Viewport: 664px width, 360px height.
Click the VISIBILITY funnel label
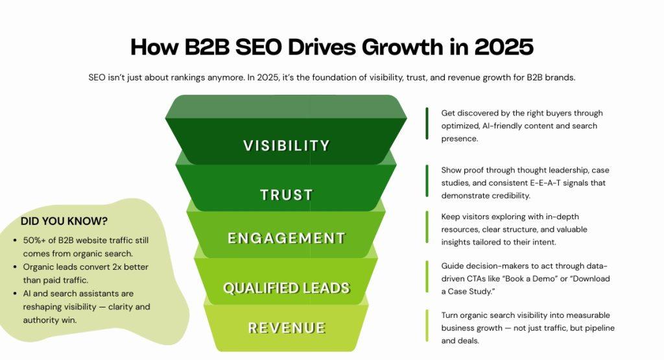tap(287, 145)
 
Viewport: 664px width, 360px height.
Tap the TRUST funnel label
tap(287, 195)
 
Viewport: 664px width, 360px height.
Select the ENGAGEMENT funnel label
tap(287, 238)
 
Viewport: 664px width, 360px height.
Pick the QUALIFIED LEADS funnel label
tap(287, 288)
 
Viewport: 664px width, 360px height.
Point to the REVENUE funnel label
tap(287, 328)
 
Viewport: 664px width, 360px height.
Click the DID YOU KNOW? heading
tap(64, 221)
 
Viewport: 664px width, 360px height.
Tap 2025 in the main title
tap(503, 47)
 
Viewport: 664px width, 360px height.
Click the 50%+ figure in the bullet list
tap(36, 241)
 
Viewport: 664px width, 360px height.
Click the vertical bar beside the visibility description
tap(427, 123)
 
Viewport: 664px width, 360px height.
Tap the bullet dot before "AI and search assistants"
tap(15, 294)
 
